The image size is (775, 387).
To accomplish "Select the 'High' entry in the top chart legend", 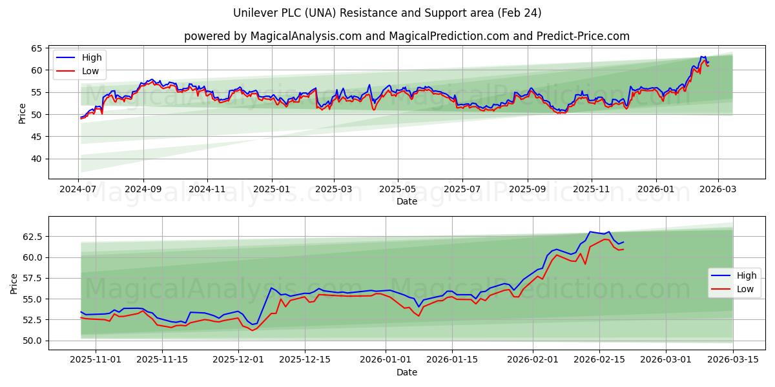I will click(x=92, y=57).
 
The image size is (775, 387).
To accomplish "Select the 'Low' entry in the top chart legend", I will click(x=90, y=71).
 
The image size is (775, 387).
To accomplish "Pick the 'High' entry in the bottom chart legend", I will click(x=747, y=275).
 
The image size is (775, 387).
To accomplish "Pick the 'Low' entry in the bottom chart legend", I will click(x=745, y=289).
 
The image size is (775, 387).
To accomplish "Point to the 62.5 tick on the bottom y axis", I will click(x=32, y=237).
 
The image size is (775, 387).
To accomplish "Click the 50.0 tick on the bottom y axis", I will click(x=32, y=341).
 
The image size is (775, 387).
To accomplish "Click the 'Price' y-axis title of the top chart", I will click(x=23, y=114).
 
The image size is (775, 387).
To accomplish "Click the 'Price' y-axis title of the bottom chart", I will click(x=14, y=283).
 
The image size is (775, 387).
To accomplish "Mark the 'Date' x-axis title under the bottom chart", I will click(x=406, y=372).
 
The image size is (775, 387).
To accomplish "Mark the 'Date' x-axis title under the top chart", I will click(x=406, y=201).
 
